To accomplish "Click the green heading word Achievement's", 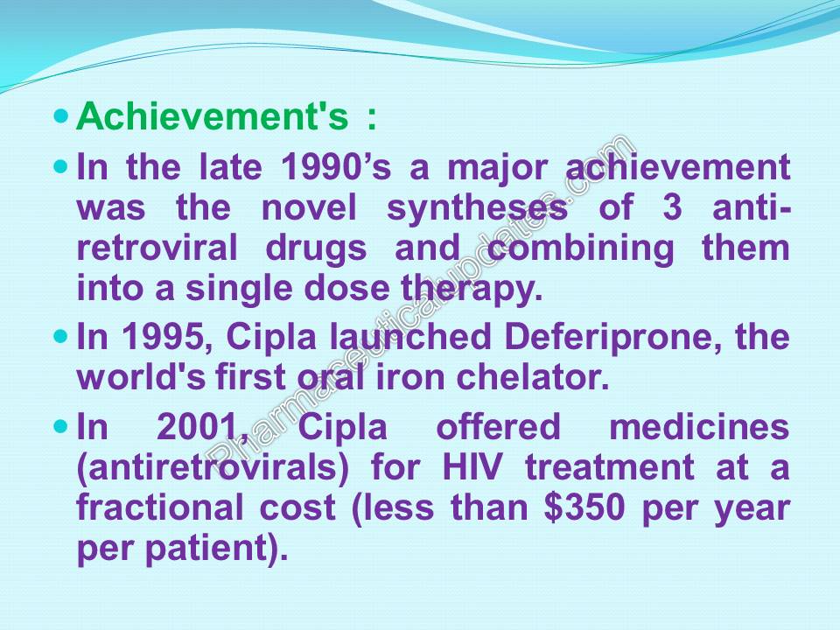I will coord(212,118).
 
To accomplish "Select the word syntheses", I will coord(477,208).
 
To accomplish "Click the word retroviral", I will coord(157,248).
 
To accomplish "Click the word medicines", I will coord(699,427).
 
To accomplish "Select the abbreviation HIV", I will coord(472,467).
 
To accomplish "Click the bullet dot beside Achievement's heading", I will coord(60,116).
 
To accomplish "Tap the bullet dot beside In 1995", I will coord(60,335).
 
